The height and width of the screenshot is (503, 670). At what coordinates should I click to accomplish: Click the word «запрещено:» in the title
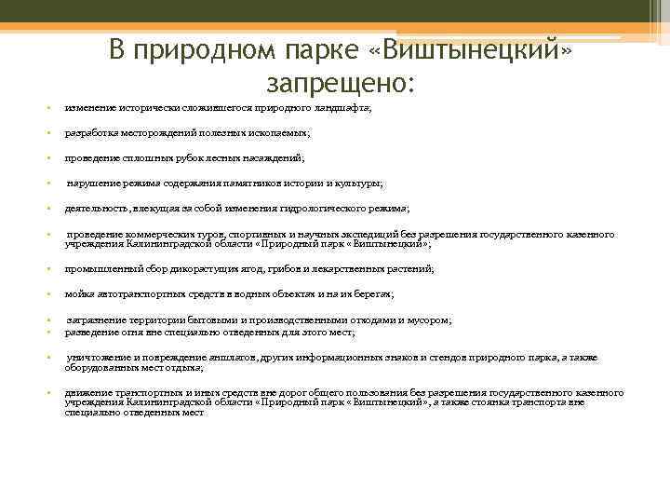pos(340,83)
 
